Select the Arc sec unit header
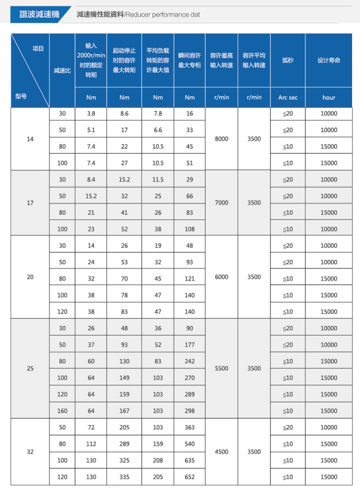point(288,97)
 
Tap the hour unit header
point(329,97)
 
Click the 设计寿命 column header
point(329,60)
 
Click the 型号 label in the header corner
point(21,96)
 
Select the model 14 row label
point(30,138)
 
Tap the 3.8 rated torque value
point(91,113)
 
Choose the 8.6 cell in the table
point(124,113)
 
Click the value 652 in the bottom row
point(190,477)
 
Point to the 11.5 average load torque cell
point(158,180)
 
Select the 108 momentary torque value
point(190,229)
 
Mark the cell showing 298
point(190,411)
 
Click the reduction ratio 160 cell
point(62,411)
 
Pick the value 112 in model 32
point(91,444)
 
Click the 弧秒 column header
point(288,60)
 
